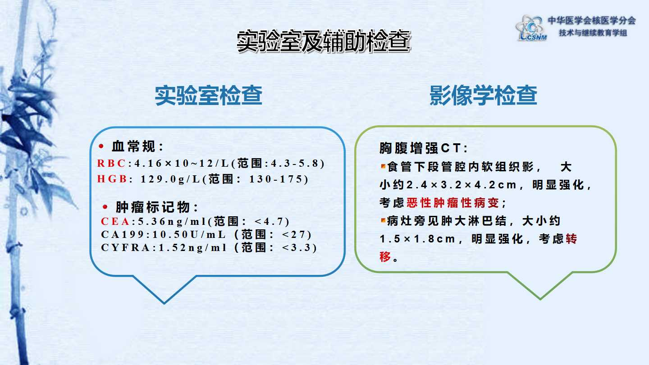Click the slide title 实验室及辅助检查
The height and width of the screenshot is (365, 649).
[324, 42]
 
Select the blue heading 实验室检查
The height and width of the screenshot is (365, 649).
[209, 96]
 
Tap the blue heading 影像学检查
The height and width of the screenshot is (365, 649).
[483, 96]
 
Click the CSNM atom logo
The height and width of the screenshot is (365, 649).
[531, 28]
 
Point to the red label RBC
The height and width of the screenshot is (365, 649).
[111, 164]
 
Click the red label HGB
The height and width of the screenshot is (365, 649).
[112, 179]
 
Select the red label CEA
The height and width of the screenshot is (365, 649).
[115, 222]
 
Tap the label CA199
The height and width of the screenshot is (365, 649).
[123, 234]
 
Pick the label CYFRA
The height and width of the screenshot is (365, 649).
[125, 248]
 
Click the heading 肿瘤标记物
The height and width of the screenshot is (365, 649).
[153, 207]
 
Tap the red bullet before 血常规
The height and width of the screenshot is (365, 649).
[101, 146]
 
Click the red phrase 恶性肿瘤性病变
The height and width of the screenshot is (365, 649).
[452, 203]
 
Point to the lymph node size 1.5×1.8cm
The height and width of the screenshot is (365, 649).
[417, 239]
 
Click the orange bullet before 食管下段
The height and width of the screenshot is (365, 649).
[383, 166]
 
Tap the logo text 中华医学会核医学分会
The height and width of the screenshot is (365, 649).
[592, 21]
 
